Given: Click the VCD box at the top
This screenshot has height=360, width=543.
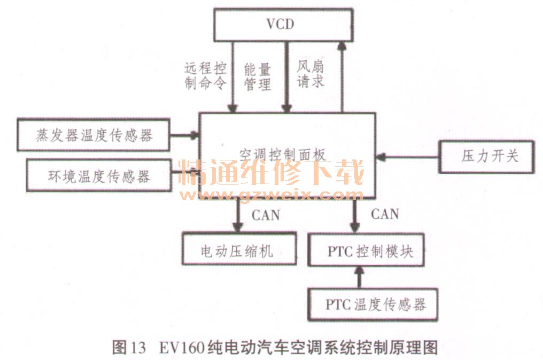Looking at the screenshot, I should (x=283, y=25).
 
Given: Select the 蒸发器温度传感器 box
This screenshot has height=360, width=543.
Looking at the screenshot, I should (x=94, y=135).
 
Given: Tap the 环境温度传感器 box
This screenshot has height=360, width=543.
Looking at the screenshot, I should (x=99, y=176).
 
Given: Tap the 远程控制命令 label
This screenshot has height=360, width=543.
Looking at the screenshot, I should (x=205, y=76).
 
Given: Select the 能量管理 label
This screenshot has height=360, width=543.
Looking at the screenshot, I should (x=258, y=76).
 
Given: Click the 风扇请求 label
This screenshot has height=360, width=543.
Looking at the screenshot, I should (x=311, y=75).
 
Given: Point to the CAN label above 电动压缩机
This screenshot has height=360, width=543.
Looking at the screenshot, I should (x=266, y=215).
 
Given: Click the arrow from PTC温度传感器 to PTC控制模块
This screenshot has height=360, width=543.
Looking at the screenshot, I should (x=359, y=277).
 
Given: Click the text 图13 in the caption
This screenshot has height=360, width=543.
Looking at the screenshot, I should (x=129, y=348).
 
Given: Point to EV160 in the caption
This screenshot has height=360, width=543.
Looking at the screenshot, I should (x=182, y=348).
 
